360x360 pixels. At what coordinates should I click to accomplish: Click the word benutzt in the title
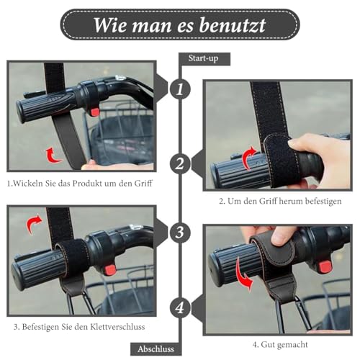(x=233, y=25)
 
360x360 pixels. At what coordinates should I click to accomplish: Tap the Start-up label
(x=203, y=58)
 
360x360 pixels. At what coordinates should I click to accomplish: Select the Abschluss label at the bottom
(x=156, y=349)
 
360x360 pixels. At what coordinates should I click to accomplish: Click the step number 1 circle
(x=180, y=89)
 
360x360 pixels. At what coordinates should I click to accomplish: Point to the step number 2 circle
(x=180, y=164)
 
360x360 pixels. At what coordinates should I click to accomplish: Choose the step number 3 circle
(x=180, y=233)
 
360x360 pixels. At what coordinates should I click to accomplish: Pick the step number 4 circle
(x=180, y=307)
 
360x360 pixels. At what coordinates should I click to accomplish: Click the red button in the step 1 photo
(x=94, y=112)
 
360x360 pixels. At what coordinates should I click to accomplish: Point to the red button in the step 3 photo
(x=110, y=270)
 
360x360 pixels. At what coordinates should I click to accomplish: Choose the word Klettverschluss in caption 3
(x=117, y=327)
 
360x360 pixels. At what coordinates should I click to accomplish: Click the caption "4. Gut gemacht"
(x=280, y=345)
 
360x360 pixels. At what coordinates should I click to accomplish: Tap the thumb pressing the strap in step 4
(x=283, y=235)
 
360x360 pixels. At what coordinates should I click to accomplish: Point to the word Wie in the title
(x=110, y=25)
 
